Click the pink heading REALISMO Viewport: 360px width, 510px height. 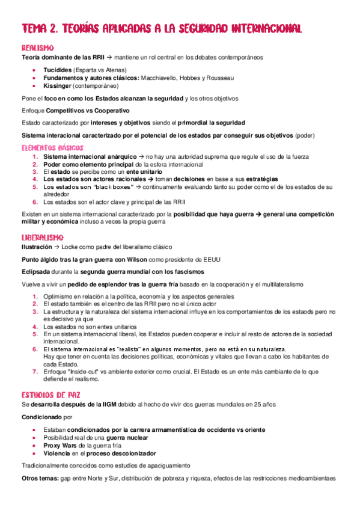(38, 48)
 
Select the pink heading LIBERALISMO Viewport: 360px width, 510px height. (43, 238)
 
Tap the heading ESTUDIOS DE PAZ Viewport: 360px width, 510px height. (51, 395)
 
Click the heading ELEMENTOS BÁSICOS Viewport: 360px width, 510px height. (52, 147)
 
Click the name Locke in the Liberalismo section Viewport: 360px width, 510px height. (63, 247)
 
